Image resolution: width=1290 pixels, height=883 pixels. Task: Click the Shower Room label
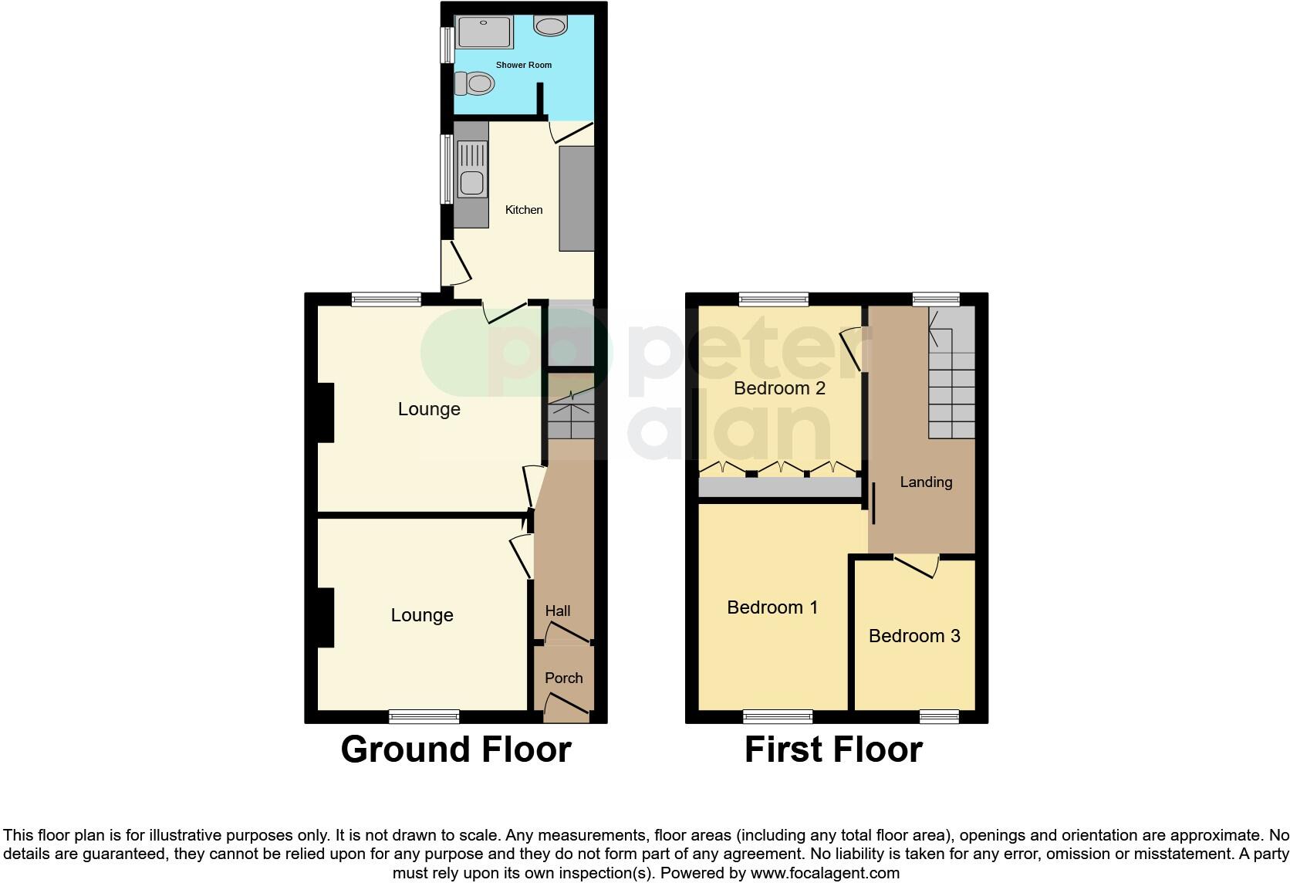(x=523, y=65)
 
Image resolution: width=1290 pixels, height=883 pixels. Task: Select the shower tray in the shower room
(x=485, y=32)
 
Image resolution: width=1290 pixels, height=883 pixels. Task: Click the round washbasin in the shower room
(x=550, y=27)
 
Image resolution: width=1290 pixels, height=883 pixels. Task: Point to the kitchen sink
(x=471, y=183)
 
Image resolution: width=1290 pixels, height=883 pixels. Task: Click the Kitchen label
(x=523, y=210)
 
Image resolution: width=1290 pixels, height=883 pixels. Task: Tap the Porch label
(x=563, y=678)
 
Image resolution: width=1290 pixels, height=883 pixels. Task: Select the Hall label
(x=557, y=611)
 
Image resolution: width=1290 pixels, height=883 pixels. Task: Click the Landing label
(x=926, y=482)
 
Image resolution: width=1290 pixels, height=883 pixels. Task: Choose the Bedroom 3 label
(x=914, y=636)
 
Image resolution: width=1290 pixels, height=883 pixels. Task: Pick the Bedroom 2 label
(x=779, y=387)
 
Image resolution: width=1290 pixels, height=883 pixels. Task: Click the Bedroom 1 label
(x=772, y=607)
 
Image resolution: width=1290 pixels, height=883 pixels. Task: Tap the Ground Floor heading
(x=455, y=749)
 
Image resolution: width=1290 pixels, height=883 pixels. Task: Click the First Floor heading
(x=833, y=749)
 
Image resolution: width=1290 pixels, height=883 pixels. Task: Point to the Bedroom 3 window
(x=939, y=717)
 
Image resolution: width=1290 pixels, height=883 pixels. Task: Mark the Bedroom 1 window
(x=778, y=717)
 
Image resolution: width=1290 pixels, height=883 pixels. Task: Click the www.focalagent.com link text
(x=825, y=874)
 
